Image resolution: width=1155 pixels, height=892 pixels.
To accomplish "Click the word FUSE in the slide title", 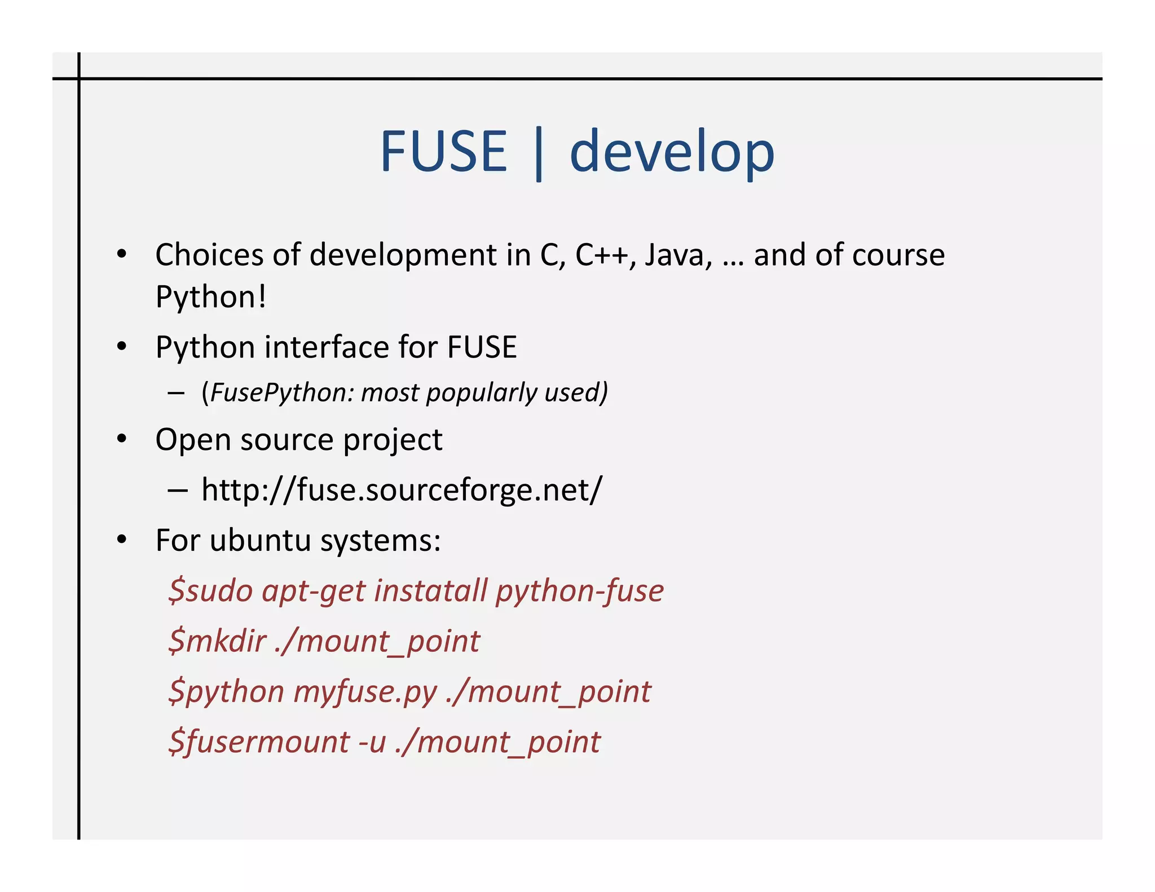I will (x=444, y=151).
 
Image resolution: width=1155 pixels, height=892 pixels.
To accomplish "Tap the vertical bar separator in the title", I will (x=539, y=153).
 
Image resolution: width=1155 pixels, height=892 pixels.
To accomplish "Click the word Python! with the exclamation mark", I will (x=210, y=297).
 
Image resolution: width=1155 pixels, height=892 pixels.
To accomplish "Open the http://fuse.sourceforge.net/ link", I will (x=402, y=489).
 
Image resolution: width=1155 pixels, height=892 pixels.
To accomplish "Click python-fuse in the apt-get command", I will (x=579, y=591).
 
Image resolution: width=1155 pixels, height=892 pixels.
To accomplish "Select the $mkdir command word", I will (x=217, y=641).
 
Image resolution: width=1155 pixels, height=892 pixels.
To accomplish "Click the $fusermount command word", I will (x=259, y=741).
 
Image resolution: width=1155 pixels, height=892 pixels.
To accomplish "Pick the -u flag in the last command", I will (x=372, y=743).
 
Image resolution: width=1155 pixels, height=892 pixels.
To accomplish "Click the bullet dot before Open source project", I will (x=122, y=439).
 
